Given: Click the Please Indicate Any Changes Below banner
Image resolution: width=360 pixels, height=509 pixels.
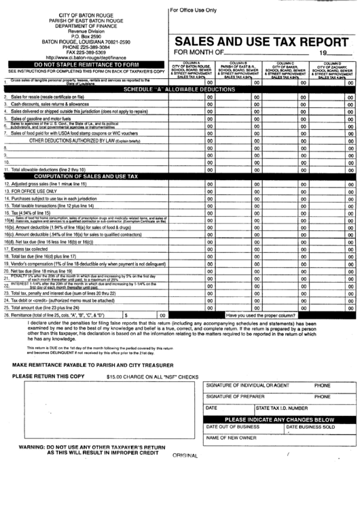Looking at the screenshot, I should tap(279, 419).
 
